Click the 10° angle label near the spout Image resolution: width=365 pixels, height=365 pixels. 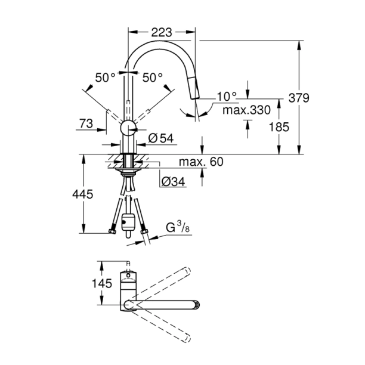coord(227,96)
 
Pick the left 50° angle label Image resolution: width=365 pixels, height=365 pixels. coord(105,78)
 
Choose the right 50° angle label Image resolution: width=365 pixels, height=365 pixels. coord(152,78)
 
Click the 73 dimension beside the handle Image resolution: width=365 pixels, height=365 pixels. coord(87,123)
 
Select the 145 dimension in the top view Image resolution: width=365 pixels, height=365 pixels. coord(103,284)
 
